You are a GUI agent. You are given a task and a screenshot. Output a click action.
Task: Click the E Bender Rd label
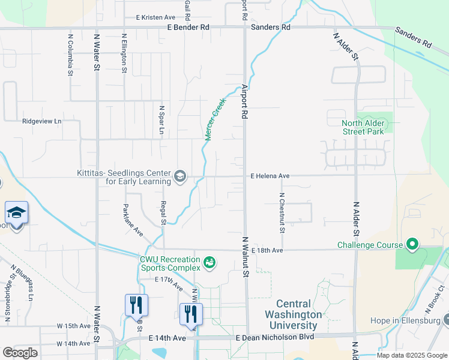pos(188,28)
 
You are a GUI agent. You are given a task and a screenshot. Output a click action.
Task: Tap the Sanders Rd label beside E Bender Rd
pos(270,28)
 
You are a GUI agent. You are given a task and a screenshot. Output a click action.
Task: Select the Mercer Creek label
pos(214,119)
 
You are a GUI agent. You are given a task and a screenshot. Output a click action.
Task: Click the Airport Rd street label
pos(245,100)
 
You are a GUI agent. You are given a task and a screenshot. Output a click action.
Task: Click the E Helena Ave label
pos(270,176)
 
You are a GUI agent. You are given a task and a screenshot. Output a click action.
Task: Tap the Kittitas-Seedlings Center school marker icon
pos(179,176)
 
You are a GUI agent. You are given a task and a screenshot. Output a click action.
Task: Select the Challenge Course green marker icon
pos(412,245)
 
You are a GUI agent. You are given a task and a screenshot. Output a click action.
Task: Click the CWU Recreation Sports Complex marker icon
pos(209,262)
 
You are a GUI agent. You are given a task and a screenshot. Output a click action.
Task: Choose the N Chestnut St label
pos(282,212)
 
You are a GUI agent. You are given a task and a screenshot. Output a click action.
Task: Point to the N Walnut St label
pos(245,257)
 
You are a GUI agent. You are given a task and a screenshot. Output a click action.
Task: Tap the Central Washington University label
pos(299,314)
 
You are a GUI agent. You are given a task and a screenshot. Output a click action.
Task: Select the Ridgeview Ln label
pos(42,121)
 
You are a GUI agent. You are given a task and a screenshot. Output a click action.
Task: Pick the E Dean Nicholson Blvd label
pos(275,338)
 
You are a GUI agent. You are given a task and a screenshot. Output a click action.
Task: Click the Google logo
pos(20,353)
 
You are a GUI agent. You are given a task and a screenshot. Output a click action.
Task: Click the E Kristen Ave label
pos(155,17)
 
